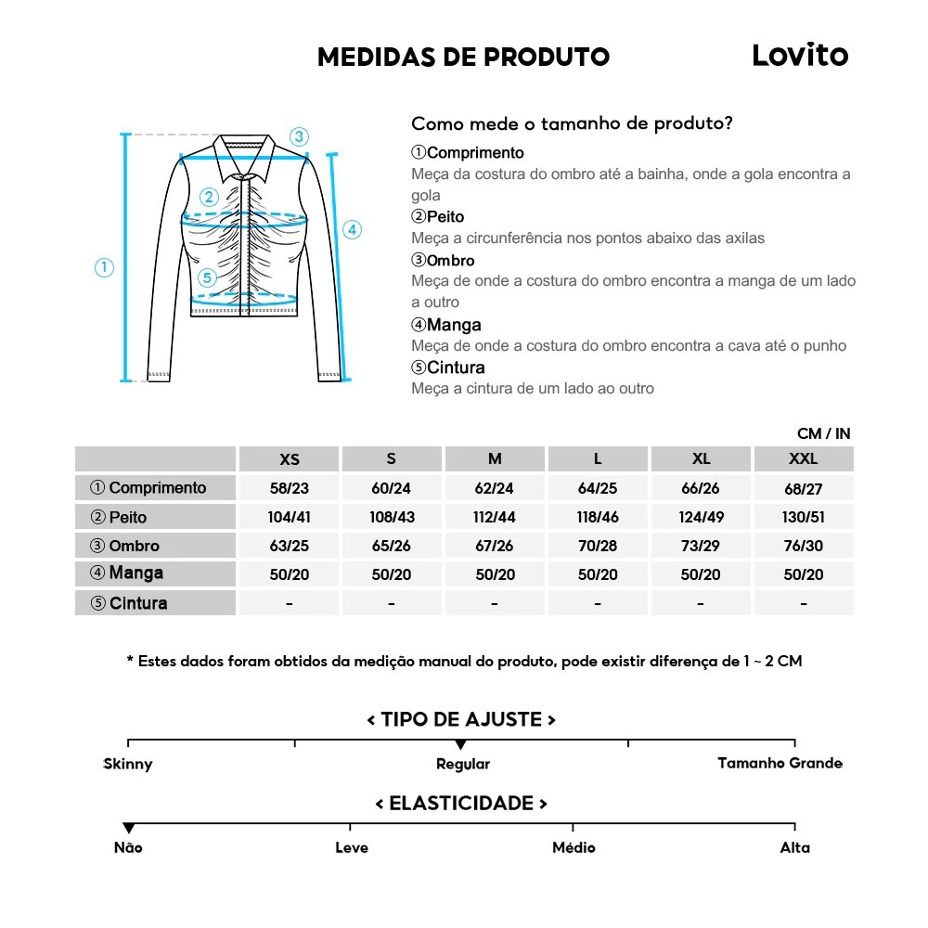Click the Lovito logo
click(799, 56)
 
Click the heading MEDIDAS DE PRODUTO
click(463, 58)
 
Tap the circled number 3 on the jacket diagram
click(298, 136)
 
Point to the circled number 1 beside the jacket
click(104, 268)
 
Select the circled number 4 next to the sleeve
click(352, 230)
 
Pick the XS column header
click(290, 459)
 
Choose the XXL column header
click(803, 459)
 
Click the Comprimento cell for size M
click(495, 488)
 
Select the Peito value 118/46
click(598, 517)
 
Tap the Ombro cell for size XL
click(701, 546)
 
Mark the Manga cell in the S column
click(392, 574)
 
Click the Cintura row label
click(130, 603)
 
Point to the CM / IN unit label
click(823, 433)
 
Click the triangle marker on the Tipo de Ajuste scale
click(460, 745)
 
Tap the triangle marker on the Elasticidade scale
click(129, 828)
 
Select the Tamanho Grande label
click(780, 763)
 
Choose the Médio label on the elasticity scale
click(574, 847)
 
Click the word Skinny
click(128, 764)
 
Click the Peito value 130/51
click(803, 517)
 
